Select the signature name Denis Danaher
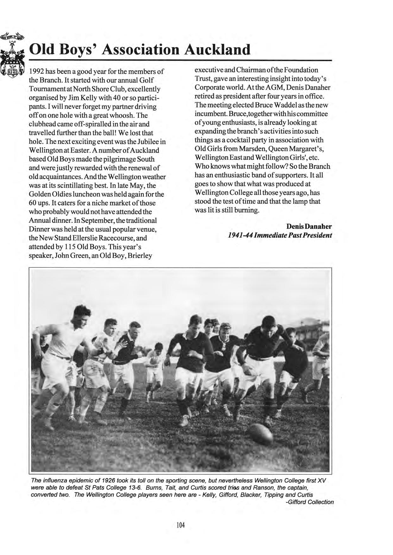(309, 227)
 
